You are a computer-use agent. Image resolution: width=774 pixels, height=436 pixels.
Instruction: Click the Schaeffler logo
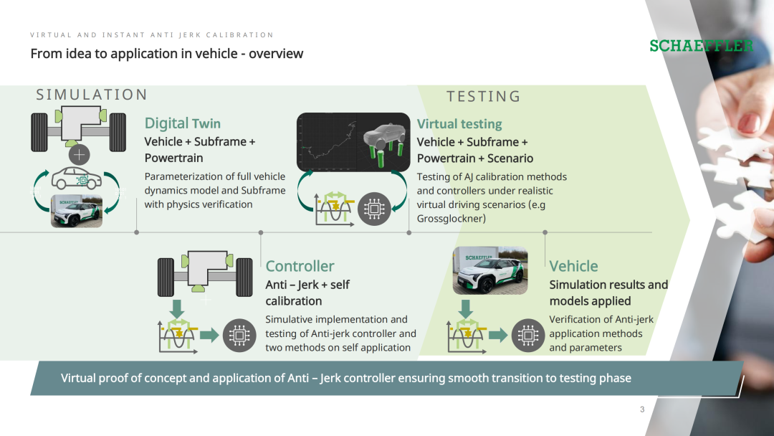[702, 46]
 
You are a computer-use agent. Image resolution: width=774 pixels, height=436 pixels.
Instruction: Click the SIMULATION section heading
[92, 95]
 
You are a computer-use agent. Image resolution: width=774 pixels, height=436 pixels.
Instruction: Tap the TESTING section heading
[483, 96]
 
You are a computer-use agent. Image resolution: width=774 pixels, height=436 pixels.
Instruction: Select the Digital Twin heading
[183, 123]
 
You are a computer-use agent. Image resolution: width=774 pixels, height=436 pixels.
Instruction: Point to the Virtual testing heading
[459, 124]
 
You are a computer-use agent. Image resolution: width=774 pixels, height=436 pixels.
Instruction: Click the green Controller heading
[300, 266]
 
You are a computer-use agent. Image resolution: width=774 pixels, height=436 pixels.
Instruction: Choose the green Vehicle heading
[573, 266]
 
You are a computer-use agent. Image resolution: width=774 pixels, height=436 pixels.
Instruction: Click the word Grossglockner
[451, 219]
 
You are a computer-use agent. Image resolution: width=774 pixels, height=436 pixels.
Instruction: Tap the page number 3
[642, 409]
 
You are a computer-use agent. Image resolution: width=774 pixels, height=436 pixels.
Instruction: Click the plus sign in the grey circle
[79, 155]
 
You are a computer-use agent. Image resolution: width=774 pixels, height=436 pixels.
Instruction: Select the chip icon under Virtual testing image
[374, 209]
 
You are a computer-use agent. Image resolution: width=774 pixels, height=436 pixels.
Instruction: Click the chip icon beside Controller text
[239, 336]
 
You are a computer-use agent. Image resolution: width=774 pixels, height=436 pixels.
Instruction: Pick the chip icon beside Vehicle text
[527, 336]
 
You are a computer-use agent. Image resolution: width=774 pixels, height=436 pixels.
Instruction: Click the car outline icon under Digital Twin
[77, 179]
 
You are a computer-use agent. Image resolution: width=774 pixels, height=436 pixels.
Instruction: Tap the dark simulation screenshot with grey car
[353, 142]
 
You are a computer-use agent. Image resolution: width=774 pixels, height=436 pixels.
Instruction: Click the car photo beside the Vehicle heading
[490, 270]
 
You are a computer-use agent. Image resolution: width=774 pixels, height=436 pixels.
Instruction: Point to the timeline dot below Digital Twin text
[137, 232]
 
